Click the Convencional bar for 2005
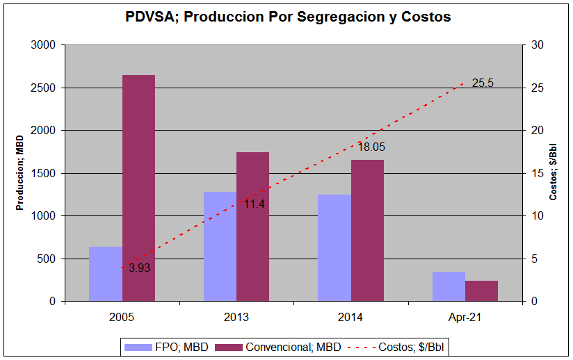(138, 188)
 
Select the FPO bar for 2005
(106, 274)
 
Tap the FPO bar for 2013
(220, 246)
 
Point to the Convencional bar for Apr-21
(481, 291)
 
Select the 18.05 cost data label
(371, 147)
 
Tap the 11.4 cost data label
(255, 204)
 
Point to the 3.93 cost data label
(140, 268)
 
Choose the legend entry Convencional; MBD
(278, 346)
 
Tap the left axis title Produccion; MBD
(21, 172)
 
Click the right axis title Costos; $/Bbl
(554, 172)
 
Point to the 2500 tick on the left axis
(46, 88)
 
